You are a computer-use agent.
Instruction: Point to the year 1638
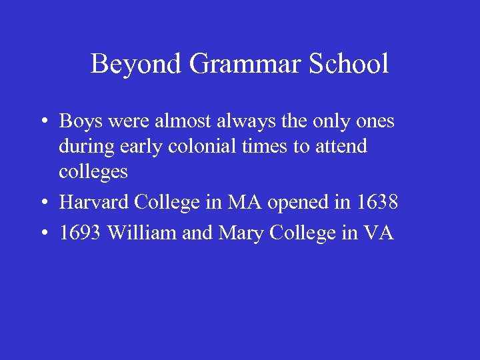coord(377,202)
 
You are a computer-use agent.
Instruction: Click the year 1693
coord(81,233)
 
